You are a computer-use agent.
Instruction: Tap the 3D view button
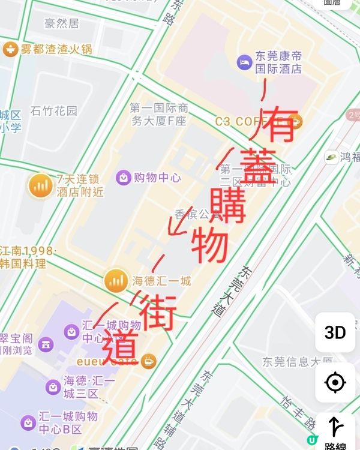[x=335, y=332]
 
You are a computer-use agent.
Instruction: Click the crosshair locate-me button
[x=335, y=382]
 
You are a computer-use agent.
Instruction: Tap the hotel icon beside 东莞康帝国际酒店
[x=244, y=61]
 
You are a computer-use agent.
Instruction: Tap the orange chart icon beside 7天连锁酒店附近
[x=41, y=185]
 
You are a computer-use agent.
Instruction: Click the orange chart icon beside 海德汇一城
[x=116, y=280]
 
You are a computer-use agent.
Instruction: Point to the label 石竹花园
[x=54, y=111]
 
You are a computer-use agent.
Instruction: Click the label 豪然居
[x=61, y=24]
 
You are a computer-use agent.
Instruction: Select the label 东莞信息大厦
[x=297, y=361]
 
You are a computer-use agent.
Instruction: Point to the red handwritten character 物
[x=210, y=246]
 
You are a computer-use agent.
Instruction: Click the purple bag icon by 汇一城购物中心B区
[x=28, y=422]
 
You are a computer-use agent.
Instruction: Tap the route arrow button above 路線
[x=335, y=427]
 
